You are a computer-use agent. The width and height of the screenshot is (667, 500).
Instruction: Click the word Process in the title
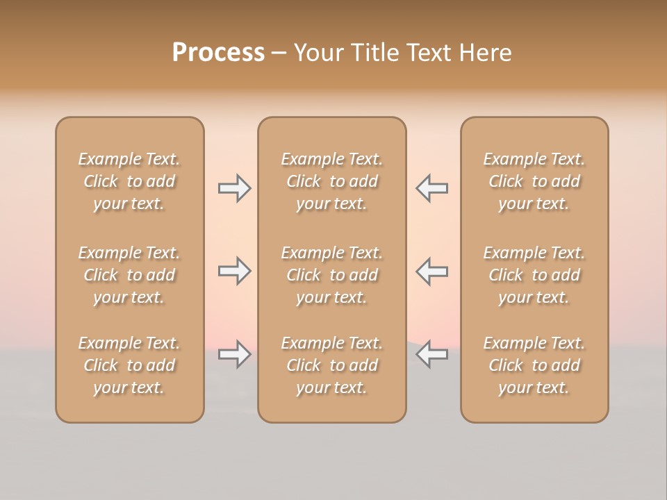pos(218,53)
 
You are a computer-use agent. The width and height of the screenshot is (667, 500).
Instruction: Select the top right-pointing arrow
pos(234,188)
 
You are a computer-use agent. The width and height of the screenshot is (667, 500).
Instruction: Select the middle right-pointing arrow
pos(234,271)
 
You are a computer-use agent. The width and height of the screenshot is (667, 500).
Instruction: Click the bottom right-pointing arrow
pos(234,354)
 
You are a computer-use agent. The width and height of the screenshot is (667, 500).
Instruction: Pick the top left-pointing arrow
pos(432,188)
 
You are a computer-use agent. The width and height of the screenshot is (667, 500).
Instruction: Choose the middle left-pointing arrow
pos(432,271)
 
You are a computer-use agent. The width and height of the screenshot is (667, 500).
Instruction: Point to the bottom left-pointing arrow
pos(432,354)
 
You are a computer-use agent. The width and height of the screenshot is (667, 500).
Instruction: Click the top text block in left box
pos(129,181)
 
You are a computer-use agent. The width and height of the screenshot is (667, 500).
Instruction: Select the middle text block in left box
pos(129,275)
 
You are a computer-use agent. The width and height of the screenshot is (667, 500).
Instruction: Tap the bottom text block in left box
pos(129,365)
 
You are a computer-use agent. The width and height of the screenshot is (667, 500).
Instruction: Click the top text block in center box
pos(331,181)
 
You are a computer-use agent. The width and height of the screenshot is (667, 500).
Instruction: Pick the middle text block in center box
pos(331,275)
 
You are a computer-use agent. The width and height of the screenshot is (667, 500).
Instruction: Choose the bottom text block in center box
pos(331,365)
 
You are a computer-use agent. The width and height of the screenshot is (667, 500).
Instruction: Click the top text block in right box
pos(534,181)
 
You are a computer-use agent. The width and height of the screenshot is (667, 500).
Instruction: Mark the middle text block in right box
pos(534,275)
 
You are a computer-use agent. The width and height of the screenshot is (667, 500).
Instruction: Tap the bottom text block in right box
pos(534,365)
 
